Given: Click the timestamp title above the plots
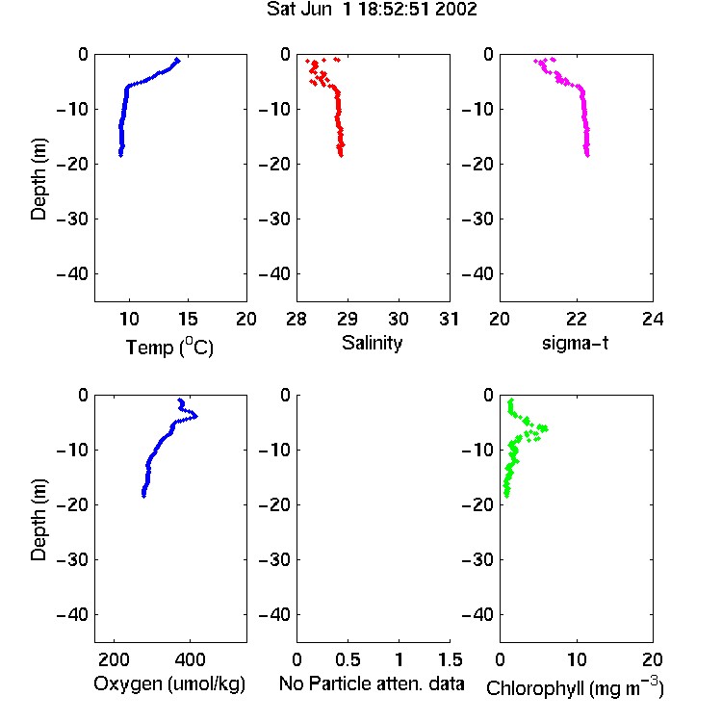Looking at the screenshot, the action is pyautogui.click(x=372, y=10).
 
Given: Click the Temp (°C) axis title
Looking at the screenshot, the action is pyautogui.click(x=169, y=347).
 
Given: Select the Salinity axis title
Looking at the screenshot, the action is pyautogui.click(x=372, y=343).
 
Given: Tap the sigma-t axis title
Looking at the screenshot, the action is pyautogui.click(x=575, y=343).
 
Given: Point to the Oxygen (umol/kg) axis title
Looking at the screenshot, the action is pyautogui.click(x=169, y=683).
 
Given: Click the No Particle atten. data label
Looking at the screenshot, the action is pyautogui.click(x=372, y=683).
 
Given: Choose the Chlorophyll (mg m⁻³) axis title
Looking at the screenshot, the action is pyautogui.click(x=575, y=687).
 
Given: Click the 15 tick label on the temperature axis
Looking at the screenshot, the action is pyautogui.click(x=188, y=319).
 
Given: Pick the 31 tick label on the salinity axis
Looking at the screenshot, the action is pyautogui.click(x=449, y=319).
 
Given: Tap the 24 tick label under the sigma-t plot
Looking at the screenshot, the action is pyautogui.click(x=653, y=319).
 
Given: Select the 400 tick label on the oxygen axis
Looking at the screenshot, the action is pyautogui.click(x=191, y=659).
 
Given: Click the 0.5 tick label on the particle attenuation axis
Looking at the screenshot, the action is pyautogui.click(x=348, y=659).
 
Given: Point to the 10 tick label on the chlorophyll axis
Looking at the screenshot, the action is pyautogui.click(x=577, y=659).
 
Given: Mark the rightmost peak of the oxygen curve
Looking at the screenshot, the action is pyautogui.click(x=196, y=416).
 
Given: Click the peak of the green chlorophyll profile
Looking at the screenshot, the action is pyautogui.click(x=545, y=428).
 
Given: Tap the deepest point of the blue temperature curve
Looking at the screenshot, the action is pyautogui.click(x=120, y=155).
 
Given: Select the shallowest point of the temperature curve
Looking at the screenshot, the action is pyautogui.click(x=178, y=60).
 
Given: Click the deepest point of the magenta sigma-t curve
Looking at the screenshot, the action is pyautogui.click(x=587, y=155).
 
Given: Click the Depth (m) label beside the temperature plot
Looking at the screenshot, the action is pyautogui.click(x=39, y=179).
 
